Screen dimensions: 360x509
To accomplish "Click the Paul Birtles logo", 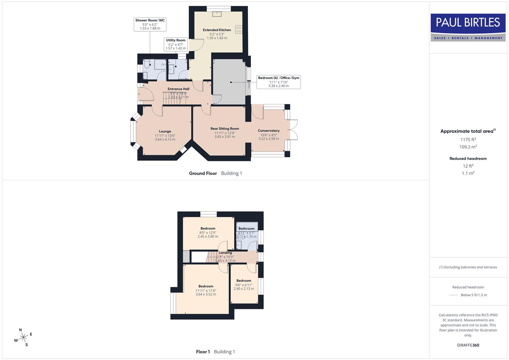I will [x=468, y=27].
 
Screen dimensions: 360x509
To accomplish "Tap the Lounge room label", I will [x=165, y=131].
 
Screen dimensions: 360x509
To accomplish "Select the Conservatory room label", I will [x=269, y=131].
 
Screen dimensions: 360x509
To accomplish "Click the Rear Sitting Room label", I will [x=225, y=129].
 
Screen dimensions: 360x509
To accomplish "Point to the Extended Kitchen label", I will [x=217, y=30].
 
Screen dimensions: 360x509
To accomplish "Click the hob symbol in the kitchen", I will [x=239, y=29].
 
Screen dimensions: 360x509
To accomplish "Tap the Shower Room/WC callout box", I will [x=150, y=24].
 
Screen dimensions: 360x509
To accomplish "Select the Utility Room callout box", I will [x=176, y=44].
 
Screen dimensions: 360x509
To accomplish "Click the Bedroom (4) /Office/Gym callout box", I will [x=279, y=82].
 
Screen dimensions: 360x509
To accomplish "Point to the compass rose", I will [x=23, y=338].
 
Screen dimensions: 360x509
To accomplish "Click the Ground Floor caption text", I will [x=203, y=173].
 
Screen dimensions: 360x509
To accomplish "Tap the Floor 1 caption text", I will [x=203, y=352].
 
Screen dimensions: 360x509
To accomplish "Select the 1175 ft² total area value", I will [x=468, y=140].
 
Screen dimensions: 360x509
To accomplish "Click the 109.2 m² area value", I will [x=468, y=147].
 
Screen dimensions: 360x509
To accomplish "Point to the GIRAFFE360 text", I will [x=468, y=345].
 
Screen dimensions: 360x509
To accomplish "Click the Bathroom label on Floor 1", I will [x=246, y=229].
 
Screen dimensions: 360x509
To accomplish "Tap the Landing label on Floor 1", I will [x=225, y=253].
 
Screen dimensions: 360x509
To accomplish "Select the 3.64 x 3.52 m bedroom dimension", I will [x=206, y=294].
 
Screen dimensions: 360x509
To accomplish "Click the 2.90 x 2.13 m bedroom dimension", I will [x=244, y=289].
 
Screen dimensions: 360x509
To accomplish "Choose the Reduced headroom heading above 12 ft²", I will [x=468, y=159].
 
